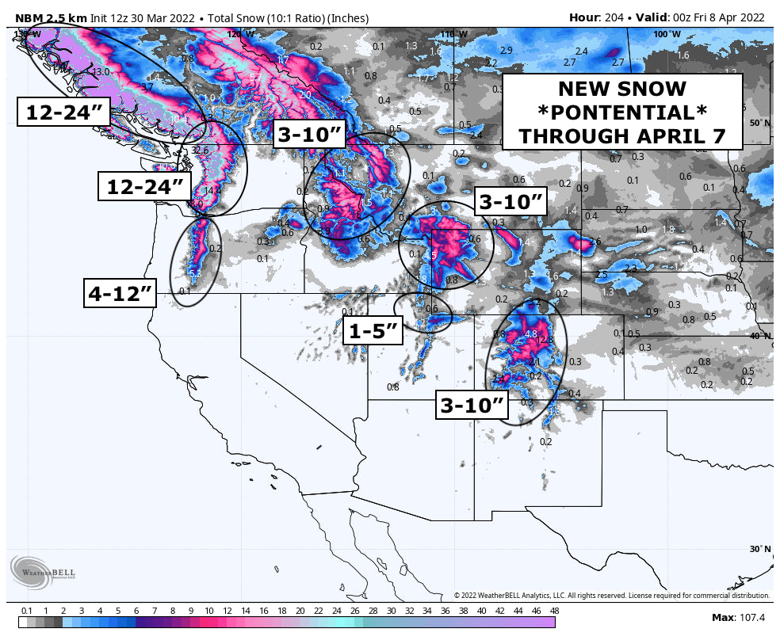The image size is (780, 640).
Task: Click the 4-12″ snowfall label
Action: (x=120, y=294)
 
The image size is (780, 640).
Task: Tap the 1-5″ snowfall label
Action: (x=373, y=330)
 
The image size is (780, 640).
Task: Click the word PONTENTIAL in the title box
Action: (x=621, y=112)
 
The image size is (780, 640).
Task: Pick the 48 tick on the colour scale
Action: (x=554, y=611)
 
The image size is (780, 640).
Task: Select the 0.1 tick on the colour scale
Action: (x=26, y=611)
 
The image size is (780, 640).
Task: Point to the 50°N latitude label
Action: (x=759, y=123)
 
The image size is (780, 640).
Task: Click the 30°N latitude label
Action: (x=759, y=548)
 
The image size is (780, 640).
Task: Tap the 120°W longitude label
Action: (x=241, y=34)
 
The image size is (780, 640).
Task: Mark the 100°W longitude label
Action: (x=667, y=34)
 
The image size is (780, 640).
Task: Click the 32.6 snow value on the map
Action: (x=200, y=150)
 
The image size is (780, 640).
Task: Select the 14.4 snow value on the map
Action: (x=212, y=190)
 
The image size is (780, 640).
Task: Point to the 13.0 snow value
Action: (x=101, y=72)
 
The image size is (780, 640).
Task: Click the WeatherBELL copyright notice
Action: (x=611, y=595)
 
